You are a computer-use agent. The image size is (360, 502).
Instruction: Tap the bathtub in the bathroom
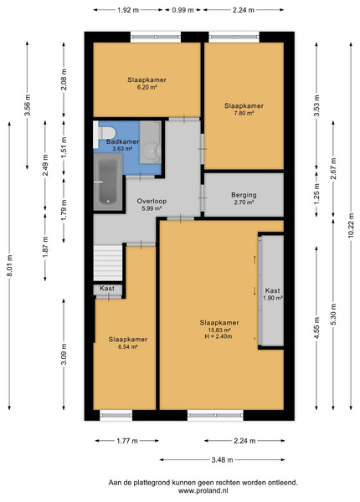coord(108,182)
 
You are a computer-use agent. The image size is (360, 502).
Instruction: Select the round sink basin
coord(151,151)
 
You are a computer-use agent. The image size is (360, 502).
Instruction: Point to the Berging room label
coord(244,195)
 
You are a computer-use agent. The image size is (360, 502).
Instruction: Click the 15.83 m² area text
coord(219,330)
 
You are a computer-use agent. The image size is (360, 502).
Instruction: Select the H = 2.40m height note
coord(219,336)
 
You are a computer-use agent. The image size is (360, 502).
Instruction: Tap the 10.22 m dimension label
coord(351,225)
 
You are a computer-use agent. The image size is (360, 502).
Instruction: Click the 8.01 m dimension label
coord(9,265)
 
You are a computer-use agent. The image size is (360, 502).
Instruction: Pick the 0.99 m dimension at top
coord(183,10)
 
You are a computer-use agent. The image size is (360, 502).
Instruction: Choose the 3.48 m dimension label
coord(222,459)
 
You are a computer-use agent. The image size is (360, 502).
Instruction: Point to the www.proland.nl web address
coord(203,490)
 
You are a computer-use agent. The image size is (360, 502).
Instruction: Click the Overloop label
coord(152,201)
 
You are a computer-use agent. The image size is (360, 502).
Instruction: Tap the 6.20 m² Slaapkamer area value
coord(147,87)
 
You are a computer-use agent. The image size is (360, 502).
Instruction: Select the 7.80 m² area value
coord(244,113)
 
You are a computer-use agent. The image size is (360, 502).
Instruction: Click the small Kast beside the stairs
coord(108,289)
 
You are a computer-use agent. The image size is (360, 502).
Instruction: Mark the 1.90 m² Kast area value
coord(273,298)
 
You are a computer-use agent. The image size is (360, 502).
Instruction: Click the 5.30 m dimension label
coord(333,314)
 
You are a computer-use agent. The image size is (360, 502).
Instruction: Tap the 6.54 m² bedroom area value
coord(128,346)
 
